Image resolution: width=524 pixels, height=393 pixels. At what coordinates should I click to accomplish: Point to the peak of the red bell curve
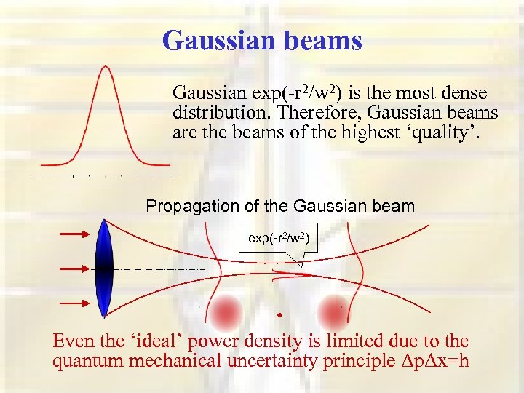[x=106, y=67]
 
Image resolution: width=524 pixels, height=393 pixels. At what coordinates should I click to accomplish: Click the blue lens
[x=104, y=269]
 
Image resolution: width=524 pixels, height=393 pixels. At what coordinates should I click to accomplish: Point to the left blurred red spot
[x=227, y=311]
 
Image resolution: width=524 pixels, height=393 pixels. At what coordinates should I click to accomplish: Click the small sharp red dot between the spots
[x=279, y=315]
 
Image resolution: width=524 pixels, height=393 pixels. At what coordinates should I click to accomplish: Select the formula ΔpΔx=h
[x=426, y=362]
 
